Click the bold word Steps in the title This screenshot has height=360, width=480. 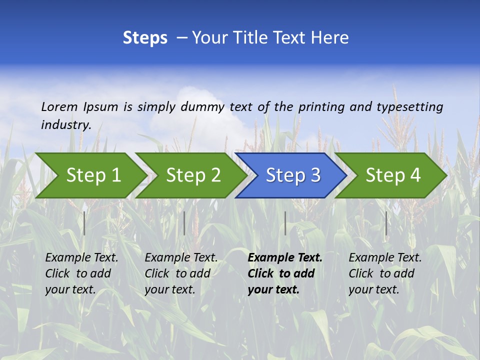pyautogui.click(x=145, y=38)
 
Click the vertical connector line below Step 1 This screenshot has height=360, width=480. pyautogui.click(x=84, y=223)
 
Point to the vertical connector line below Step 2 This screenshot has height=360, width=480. pyautogui.click(x=184, y=223)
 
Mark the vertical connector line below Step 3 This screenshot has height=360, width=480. pyautogui.click(x=285, y=223)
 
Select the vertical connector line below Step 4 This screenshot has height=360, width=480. pyautogui.click(x=386, y=223)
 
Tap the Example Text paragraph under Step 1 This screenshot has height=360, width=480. pyautogui.click(x=81, y=273)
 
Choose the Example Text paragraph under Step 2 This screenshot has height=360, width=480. pyautogui.click(x=181, y=273)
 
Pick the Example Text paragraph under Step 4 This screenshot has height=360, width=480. pyautogui.click(x=385, y=273)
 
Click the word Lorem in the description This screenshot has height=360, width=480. pyautogui.click(x=59, y=107)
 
